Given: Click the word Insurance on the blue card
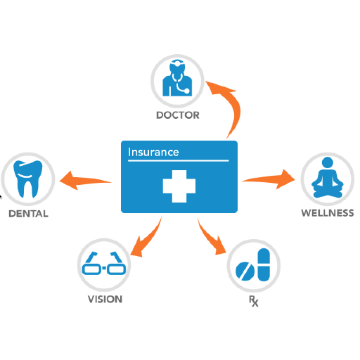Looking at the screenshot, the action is [x=153, y=152].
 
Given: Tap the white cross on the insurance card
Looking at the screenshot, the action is [x=179, y=186].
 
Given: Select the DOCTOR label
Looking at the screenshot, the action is [x=178, y=115].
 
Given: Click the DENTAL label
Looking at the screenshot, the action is [x=28, y=214].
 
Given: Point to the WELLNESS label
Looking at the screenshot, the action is [x=328, y=213].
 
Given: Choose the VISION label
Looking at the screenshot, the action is [x=105, y=299].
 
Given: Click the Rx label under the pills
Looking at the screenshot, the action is [x=254, y=301].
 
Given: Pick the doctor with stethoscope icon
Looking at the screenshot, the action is [x=177, y=78].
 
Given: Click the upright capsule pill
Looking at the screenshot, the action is [x=264, y=264].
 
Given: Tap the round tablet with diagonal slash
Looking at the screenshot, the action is [x=245, y=271].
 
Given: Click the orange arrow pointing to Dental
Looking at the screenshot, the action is [x=86, y=181].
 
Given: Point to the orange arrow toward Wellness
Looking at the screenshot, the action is [x=269, y=179].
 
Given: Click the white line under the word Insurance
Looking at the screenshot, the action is [x=178, y=161].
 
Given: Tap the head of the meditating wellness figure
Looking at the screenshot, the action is [x=328, y=162].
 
